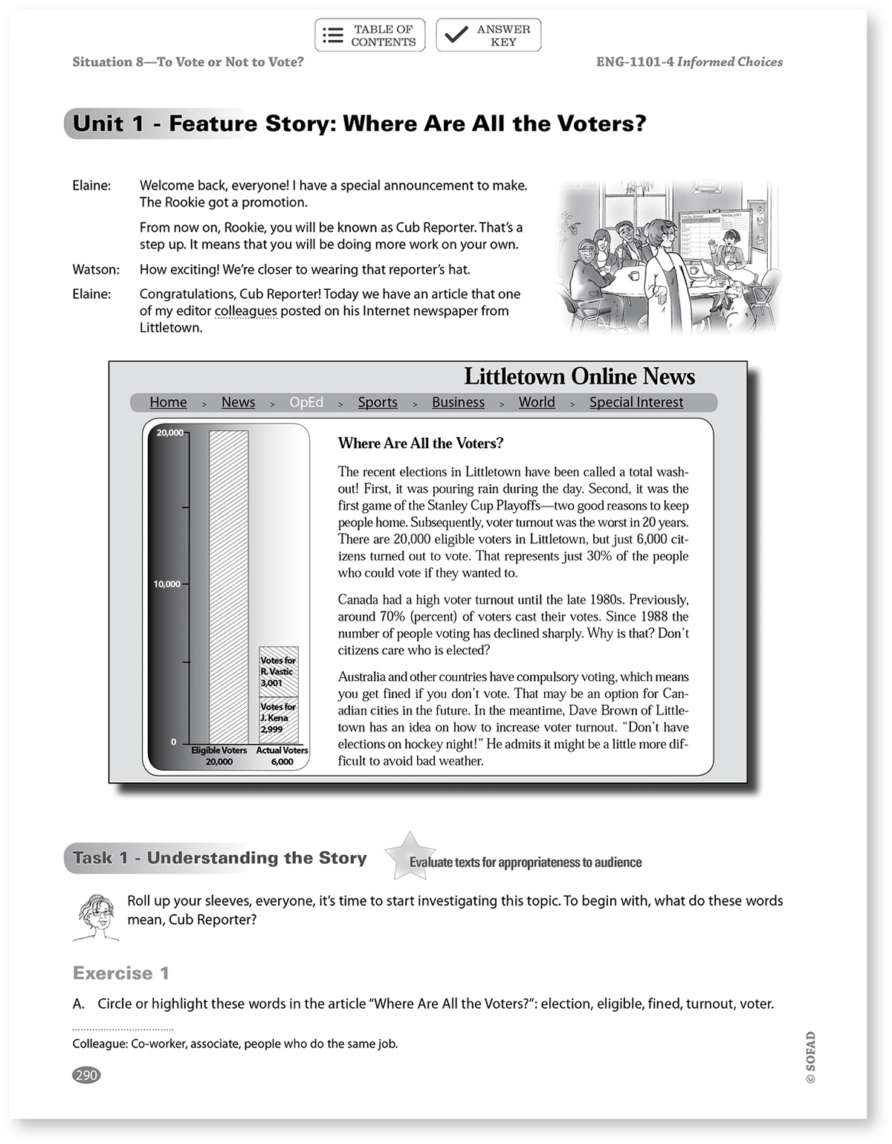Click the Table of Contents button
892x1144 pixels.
coord(370,36)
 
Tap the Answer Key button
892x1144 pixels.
coord(488,36)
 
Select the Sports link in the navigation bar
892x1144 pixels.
coord(378,402)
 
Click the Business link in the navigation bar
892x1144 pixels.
coord(458,402)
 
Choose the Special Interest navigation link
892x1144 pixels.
coord(636,402)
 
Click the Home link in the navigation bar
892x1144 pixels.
coord(168,402)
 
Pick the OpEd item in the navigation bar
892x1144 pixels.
coord(306,402)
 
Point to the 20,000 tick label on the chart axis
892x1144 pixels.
coord(169,433)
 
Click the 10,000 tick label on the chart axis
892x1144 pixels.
coord(167,584)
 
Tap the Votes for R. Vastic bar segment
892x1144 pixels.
coord(279,671)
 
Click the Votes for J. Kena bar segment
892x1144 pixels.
coord(279,719)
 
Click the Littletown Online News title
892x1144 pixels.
coord(579,377)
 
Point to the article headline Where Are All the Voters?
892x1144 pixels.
coord(421,444)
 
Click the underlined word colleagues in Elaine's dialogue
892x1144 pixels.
coord(245,311)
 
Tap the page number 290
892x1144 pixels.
coord(86,1075)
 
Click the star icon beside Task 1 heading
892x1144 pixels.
coord(409,855)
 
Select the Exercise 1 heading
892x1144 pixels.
coord(121,973)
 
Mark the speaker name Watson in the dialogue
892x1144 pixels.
coord(95,270)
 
